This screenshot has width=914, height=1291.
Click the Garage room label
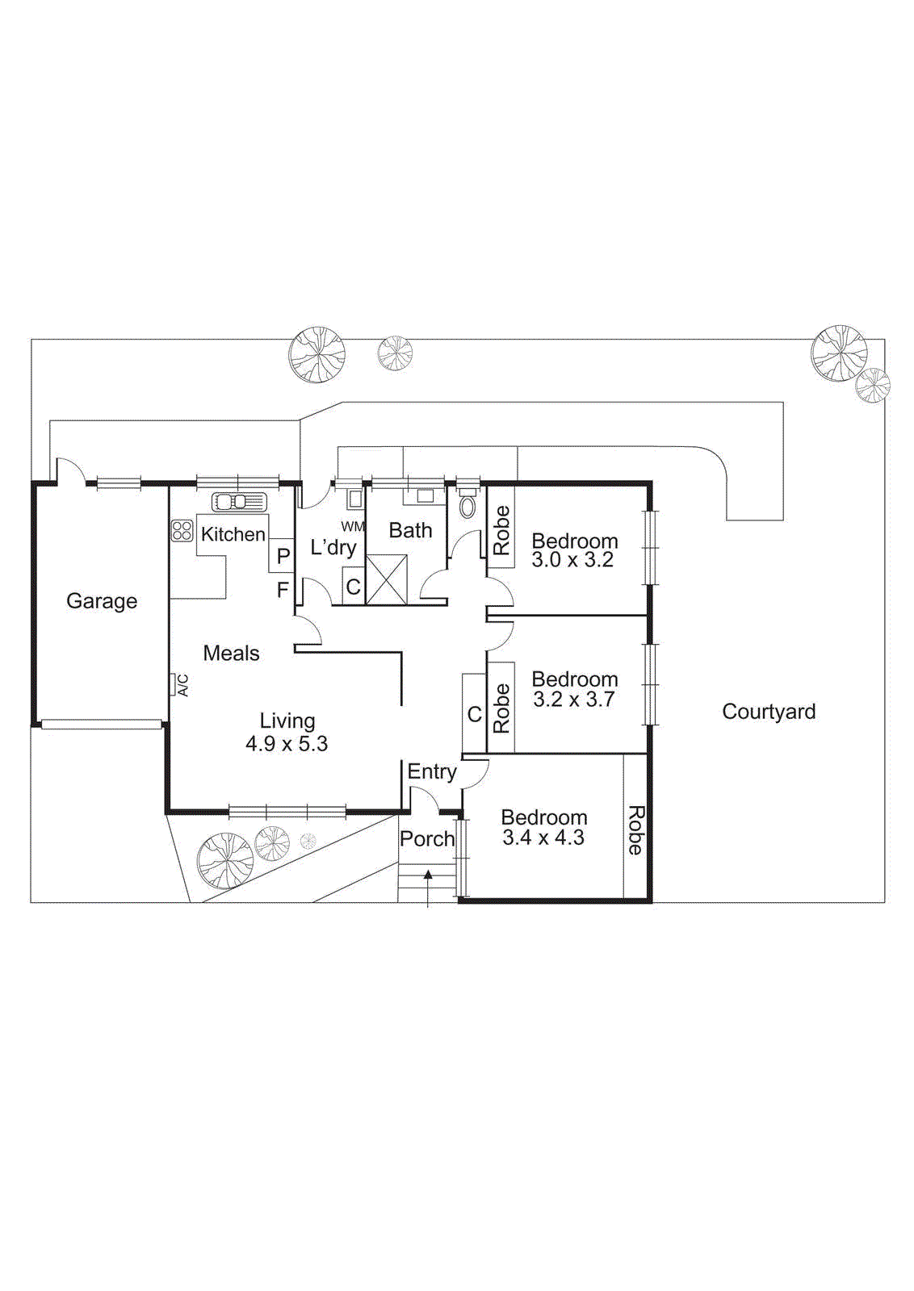coord(102,601)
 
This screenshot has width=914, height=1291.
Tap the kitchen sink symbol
coord(239,502)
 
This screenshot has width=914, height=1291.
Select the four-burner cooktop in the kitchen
coord(182,530)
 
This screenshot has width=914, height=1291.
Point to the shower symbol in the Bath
coord(386,579)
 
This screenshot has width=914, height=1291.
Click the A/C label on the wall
coord(184,685)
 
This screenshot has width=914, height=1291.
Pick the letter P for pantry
coord(283,556)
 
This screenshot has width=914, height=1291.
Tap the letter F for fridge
coord(283,590)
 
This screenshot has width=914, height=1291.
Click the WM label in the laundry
coord(352,527)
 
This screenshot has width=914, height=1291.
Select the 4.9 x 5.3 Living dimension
coord(287,744)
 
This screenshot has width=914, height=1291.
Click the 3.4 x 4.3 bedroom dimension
coord(543,838)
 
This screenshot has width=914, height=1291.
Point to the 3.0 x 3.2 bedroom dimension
coord(573,560)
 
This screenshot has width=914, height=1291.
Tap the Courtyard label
coord(769,712)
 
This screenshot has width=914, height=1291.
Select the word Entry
coord(432,771)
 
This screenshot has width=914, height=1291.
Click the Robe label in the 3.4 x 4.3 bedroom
coord(635,830)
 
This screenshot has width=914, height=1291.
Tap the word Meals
coord(231,654)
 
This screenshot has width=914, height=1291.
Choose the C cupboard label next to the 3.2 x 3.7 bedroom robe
coord(475,714)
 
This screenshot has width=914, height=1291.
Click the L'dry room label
coord(333,548)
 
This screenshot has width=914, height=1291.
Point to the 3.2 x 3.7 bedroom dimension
coord(573,700)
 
